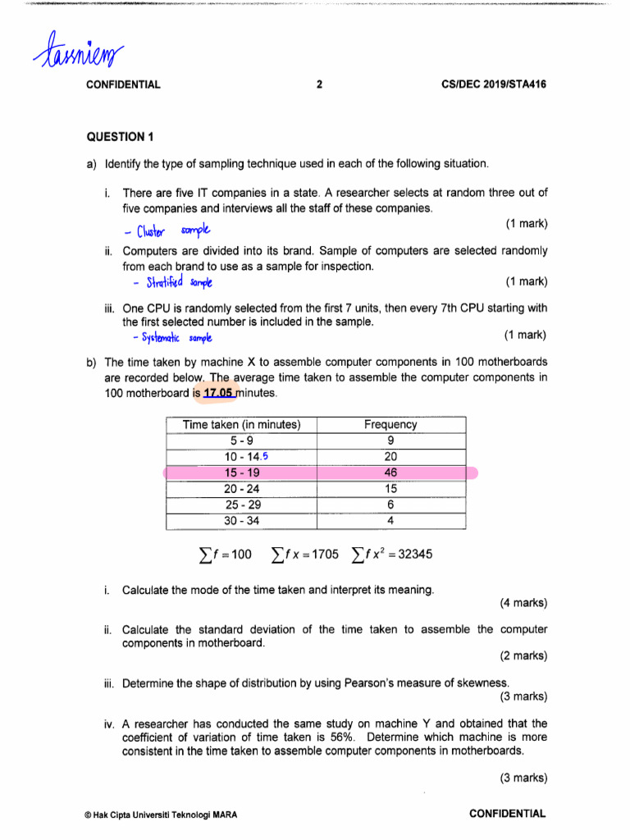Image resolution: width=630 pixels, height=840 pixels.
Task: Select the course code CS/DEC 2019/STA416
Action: tap(493, 84)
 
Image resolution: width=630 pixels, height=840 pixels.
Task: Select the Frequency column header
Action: tap(390, 425)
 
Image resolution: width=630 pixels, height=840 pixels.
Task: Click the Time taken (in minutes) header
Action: tap(241, 425)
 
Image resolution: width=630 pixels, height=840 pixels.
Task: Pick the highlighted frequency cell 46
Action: tap(390, 473)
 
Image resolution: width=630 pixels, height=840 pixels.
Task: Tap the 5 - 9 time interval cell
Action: tap(241, 441)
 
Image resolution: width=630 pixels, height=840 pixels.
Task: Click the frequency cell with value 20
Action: tap(390, 457)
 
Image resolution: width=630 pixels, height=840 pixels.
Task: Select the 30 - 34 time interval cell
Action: tap(241, 521)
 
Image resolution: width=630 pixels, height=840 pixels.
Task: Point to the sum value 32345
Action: tap(409, 555)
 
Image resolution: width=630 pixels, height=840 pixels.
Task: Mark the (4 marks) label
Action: tap(523, 603)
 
